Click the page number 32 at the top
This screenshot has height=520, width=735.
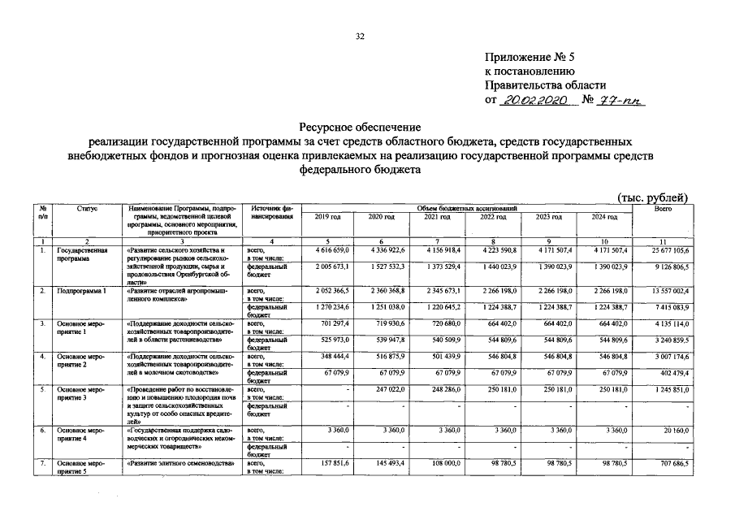coord(360,36)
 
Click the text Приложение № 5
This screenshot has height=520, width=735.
coord(529,57)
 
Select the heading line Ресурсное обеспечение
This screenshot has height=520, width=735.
coord(360,128)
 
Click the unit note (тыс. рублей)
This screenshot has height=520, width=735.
coord(653,197)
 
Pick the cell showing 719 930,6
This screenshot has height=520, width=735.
coord(380,323)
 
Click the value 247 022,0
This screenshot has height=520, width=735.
coord(380,390)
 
